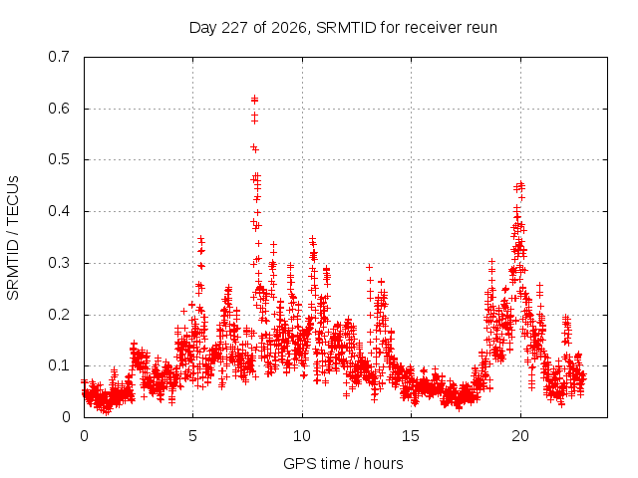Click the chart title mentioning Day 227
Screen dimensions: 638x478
pyautogui.click(x=343, y=28)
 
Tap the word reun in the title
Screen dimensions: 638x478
pyautogui.click(x=481, y=28)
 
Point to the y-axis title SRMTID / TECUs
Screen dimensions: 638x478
pyautogui.click(x=13, y=238)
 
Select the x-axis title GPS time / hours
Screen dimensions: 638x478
pyautogui.click(x=343, y=463)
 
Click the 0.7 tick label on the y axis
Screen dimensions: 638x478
pyautogui.click(x=59, y=57)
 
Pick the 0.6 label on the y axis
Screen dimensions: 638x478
pyautogui.click(x=59, y=109)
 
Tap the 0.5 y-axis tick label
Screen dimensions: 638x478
pyautogui.click(x=59, y=159)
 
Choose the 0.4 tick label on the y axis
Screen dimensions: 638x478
pyautogui.click(x=59, y=211)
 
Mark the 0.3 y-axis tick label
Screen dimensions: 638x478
pyautogui.click(x=59, y=263)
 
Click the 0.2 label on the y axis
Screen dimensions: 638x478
pyautogui.click(x=59, y=315)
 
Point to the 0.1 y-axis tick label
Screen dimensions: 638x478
pyautogui.click(x=59, y=365)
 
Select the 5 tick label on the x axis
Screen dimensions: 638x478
pyautogui.click(x=192, y=436)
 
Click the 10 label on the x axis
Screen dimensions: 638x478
pyautogui.click(x=302, y=436)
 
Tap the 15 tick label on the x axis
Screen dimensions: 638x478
pyautogui.click(x=411, y=436)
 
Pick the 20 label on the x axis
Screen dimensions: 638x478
pyautogui.click(x=520, y=436)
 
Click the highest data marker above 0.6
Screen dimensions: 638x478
pyautogui.click(x=255, y=99)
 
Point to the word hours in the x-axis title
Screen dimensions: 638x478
pyautogui.click(x=383, y=463)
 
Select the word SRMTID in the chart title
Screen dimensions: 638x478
pyautogui.click(x=346, y=28)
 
